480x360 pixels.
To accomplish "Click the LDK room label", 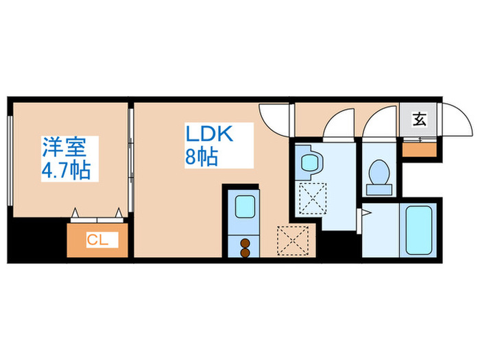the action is click(209, 134).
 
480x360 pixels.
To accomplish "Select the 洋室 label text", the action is click(64, 147).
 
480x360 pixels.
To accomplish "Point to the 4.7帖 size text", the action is click(66, 170).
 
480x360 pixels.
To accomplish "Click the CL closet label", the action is click(97, 240).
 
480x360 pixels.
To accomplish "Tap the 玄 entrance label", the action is click(420, 119).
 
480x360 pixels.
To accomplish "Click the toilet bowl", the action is click(379, 172).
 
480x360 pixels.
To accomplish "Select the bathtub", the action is click(418, 230).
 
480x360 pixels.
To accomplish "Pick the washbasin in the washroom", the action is click(310, 163).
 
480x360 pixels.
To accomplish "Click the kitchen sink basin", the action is click(245, 206).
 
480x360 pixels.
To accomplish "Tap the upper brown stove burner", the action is click(245, 243).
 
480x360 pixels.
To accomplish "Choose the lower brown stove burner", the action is click(245, 252).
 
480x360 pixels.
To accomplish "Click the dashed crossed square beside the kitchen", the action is click(293, 241).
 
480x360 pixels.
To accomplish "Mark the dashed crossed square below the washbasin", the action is click(313, 198).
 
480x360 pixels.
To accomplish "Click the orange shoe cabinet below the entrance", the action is click(419, 149).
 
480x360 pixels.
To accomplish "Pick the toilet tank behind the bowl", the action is click(379, 189).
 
